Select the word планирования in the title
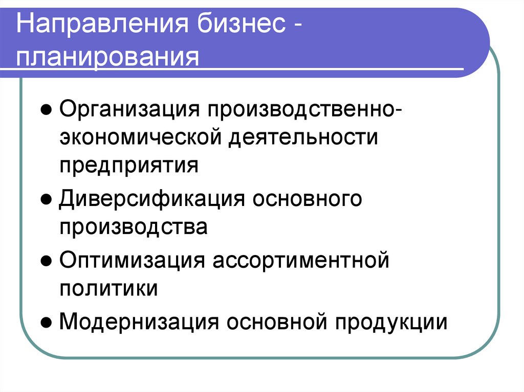click(107, 58)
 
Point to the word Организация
click(128, 108)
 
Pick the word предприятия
click(128, 166)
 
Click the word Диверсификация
click(151, 198)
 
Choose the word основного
click(307, 198)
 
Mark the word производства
click(134, 226)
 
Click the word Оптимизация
click(129, 260)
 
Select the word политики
click(108, 288)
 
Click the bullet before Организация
click(46, 110)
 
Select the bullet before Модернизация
click(46, 323)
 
